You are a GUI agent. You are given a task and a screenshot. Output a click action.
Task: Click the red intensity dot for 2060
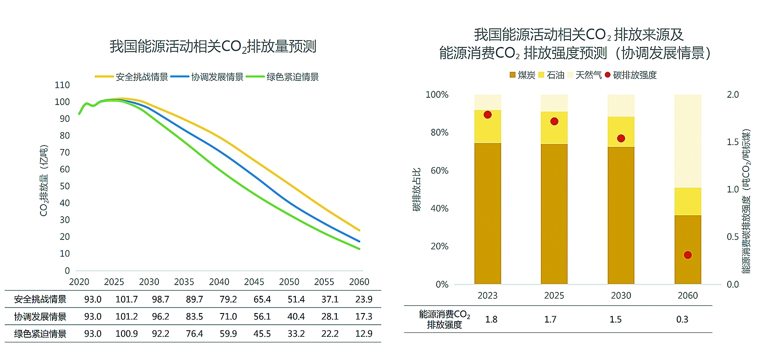[688, 255]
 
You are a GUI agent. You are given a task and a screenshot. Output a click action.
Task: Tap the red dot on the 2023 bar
[487, 115]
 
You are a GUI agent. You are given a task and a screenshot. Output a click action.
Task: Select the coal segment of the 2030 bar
[621, 215]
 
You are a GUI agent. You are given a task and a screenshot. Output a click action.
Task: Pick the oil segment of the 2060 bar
[688, 202]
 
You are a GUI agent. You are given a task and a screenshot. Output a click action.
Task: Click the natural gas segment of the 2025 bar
[554, 103]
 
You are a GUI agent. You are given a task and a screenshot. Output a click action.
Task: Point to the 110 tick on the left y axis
[62, 85]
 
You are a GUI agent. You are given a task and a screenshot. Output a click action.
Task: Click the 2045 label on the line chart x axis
[254, 282]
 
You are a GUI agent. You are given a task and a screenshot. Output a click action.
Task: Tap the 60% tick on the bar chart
[439, 171]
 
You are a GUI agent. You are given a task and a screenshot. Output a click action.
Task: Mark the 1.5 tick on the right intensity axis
[732, 142]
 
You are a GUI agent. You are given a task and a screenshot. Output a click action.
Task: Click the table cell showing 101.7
[127, 299]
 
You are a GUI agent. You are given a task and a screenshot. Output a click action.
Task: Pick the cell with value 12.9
[363, 334]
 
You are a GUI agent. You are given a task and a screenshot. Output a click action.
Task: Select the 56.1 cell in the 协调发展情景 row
[262, 317]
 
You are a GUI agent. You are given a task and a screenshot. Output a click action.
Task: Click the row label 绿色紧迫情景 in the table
[40, 334]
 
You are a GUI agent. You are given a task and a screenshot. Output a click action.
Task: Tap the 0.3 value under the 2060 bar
[682, 320]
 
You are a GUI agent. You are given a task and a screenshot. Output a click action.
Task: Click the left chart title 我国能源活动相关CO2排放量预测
[213, 47]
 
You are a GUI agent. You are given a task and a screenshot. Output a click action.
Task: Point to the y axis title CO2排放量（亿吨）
[44, 181]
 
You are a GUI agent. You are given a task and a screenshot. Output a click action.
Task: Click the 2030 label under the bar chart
[621, 296]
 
